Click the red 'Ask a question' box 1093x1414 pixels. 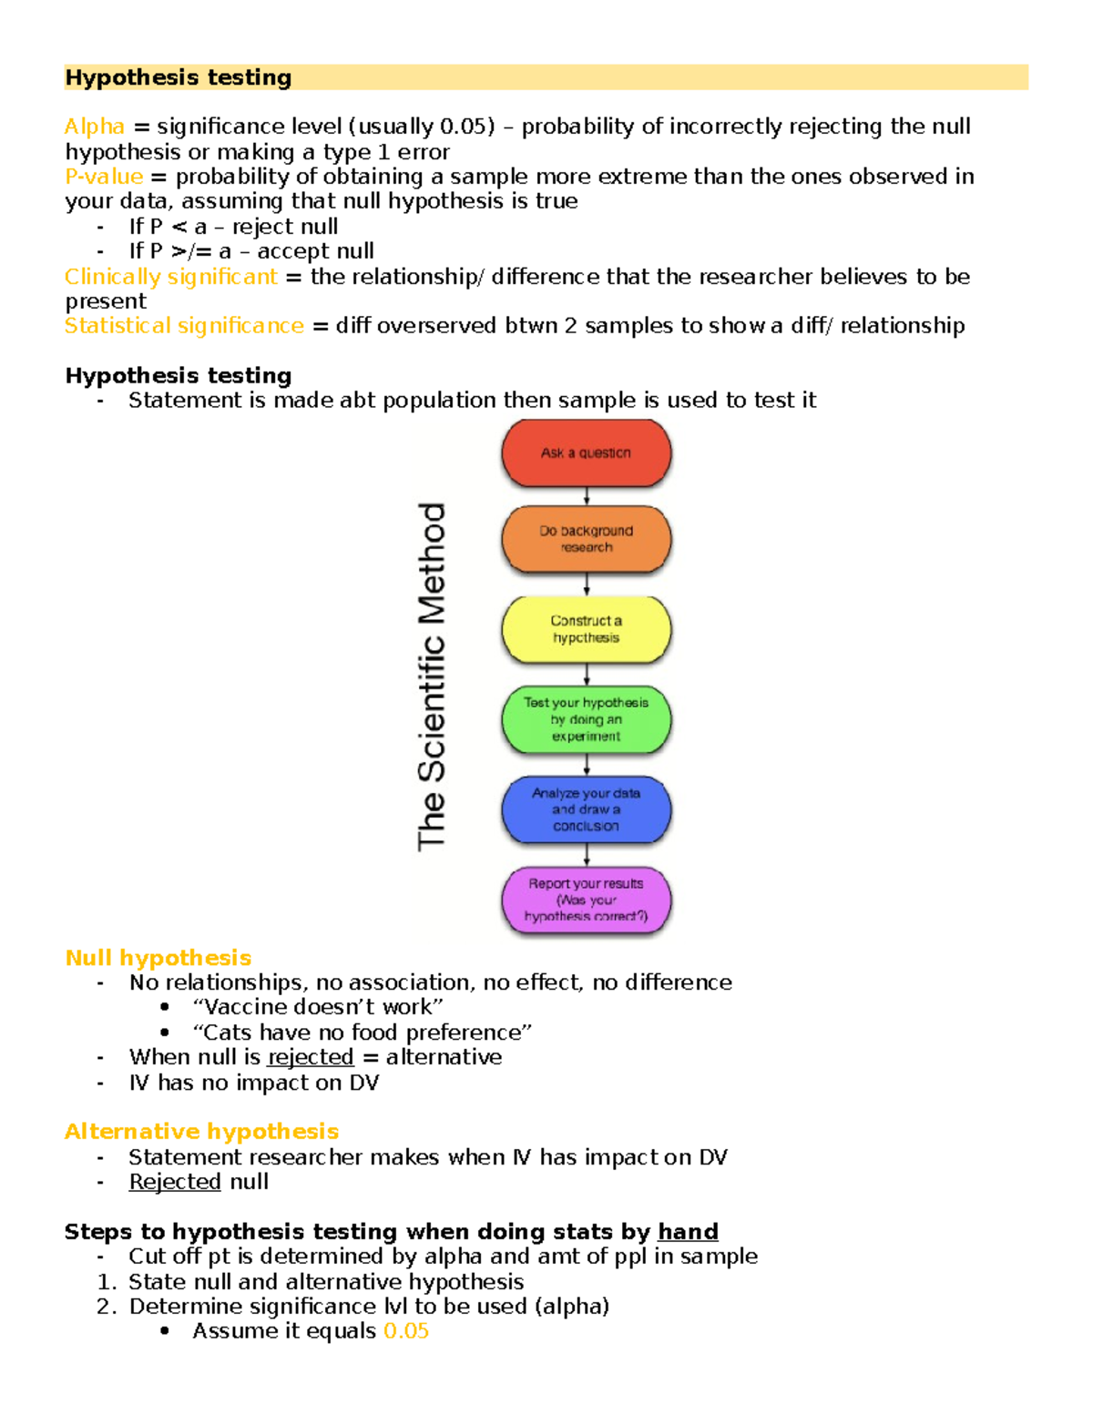coord(586,453)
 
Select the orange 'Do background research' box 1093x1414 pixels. coord(586,539)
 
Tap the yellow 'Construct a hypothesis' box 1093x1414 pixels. coord(586,629)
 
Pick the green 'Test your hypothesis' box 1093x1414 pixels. coord(586,719)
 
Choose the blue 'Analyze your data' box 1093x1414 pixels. coord(586,809)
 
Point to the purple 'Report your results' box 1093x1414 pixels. coord(586,900)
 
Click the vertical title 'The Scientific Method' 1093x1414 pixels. coord(432,676)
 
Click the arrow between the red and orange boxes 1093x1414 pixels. coord(587,496)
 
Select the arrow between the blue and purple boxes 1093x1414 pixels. coord(587,855)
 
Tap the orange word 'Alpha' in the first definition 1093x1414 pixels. coord(95,127)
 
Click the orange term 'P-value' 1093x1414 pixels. coord(104,177)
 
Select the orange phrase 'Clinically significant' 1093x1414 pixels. coord(170,277)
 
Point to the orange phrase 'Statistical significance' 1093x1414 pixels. coord(184,326)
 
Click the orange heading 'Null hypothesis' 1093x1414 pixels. coord(158,958)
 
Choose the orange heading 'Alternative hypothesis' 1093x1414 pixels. coord(201,1132)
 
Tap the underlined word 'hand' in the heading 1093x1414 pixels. coord(688,1232)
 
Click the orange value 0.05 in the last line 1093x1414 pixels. coord(406,1331)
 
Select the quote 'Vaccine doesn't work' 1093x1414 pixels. coord(318,1007)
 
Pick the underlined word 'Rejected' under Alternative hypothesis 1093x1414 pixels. coord(175,1182)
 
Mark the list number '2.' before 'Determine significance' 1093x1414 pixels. coord(107,1307)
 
